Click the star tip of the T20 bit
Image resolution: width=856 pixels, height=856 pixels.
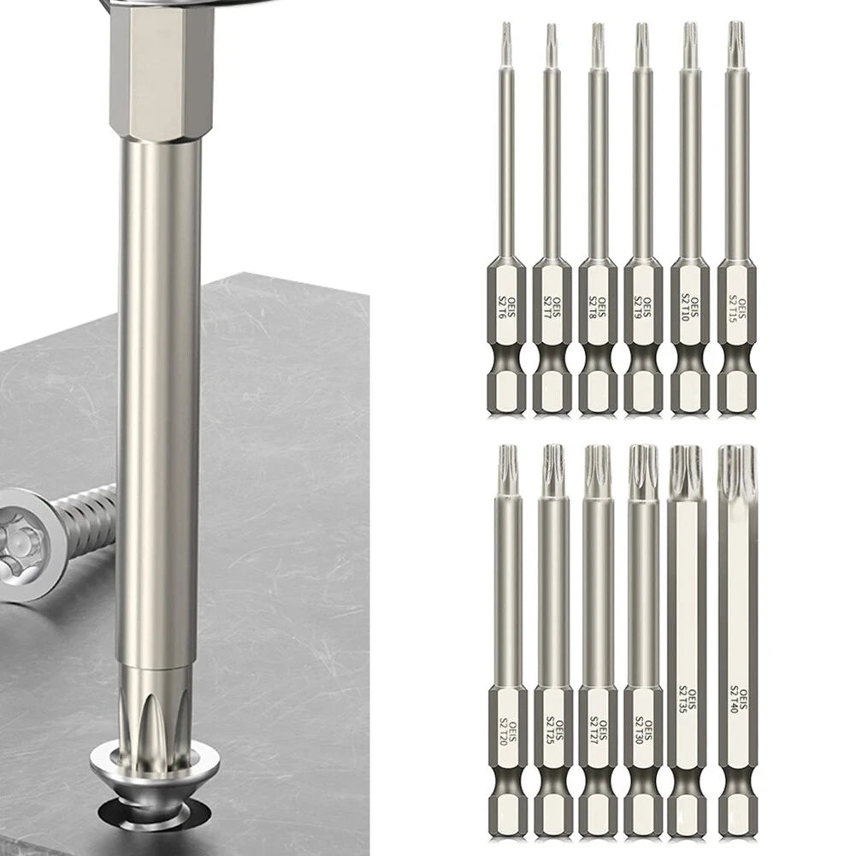point(505,462)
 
